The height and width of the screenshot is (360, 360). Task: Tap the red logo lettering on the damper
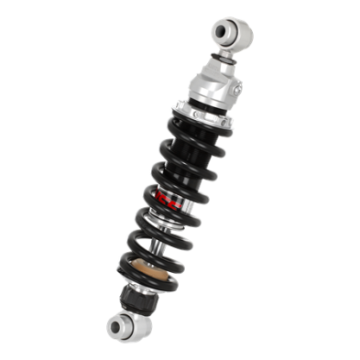coord(164,203)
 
